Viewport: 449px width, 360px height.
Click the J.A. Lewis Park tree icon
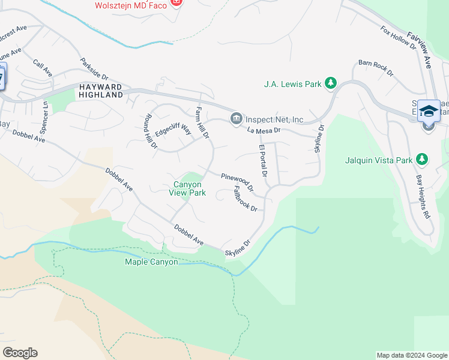click(330, 83)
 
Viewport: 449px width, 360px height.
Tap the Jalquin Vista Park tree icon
click(423, 160)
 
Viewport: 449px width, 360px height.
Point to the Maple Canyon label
click(151, 262)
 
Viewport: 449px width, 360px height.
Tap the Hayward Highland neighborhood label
click(101, 91)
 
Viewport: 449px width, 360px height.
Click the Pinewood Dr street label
click(237, 182)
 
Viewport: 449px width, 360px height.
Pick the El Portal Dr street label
click(262, 160)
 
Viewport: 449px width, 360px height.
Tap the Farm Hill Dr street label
click(202, 123)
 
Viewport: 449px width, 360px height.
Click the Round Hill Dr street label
click(149, 131)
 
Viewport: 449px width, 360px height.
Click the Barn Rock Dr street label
click(375, 68)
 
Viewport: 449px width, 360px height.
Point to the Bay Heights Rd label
click(424, 197)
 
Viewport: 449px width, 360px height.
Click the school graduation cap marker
click(429, 112)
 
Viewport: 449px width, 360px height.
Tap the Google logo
click(20, 352)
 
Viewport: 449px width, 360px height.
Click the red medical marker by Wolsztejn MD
click(176, 4)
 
